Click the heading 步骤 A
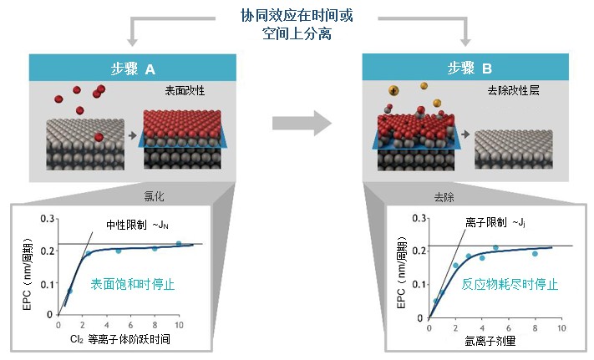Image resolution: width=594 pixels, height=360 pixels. click(x=133, y=68)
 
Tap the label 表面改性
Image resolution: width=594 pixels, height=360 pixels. click(x=185, y=90)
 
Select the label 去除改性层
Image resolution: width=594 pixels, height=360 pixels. click(x=513, y=90)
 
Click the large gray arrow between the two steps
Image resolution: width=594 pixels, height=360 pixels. click(x=302, y=123)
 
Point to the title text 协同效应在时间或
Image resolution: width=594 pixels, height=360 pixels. click(x=297, y=16)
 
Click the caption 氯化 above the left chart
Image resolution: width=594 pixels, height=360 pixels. click(x=154, y=196)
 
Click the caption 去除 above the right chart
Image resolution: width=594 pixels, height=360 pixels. click(x=444, y=197)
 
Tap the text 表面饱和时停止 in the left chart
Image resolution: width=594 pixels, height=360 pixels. click(x=133, y=284)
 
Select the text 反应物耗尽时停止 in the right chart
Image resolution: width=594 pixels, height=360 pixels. click(x=510, y=284)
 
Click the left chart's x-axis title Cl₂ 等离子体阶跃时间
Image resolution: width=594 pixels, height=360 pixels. click(x=120, y=339)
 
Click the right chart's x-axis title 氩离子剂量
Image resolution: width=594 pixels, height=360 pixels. click(x=490, y=341)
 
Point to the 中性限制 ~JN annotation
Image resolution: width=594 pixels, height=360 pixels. click(x=137, y=225)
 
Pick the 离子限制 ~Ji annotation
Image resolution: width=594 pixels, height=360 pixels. click(x=495, y=222)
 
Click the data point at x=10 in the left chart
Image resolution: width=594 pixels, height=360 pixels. click(x=179, y=244)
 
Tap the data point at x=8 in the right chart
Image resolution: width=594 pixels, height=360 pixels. click(x=535, y=254)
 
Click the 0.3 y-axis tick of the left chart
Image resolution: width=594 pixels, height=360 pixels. click(x=48, y=219)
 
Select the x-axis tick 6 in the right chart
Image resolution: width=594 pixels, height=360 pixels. click(x=509, y=327)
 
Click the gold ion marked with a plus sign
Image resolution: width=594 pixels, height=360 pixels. click(x=393, y=90)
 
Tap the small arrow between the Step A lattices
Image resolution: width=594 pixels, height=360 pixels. click(x=133, y=135)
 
